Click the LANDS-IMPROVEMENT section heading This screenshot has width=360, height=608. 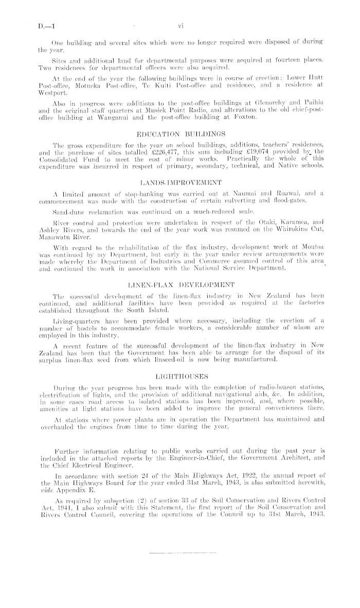[179, 183]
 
